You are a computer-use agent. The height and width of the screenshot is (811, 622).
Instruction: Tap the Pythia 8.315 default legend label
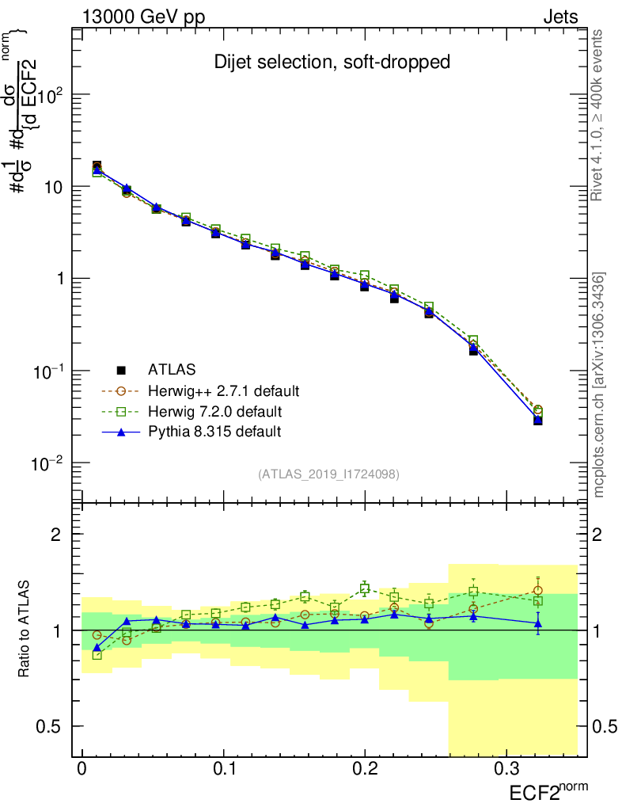click(x=214, y=432)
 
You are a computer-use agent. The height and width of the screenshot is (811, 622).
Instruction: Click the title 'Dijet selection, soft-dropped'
click(x=332, y=63)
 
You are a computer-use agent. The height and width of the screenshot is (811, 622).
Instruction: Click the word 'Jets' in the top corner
click(x=560, y=17)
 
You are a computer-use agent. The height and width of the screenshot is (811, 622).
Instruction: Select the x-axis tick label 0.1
click(x=223, y=769)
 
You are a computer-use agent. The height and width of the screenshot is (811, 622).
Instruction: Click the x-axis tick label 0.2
click(x=365, y=769)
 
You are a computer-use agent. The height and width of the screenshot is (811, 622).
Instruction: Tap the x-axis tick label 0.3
click(x=506, y=769)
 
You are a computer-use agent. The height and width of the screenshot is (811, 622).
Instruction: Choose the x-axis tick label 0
click(x=82, y=769)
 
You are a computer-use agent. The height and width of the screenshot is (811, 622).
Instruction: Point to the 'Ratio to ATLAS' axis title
click(x=25, y=630)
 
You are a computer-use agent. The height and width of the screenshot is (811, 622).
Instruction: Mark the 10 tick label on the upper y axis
click(x=51, y=187)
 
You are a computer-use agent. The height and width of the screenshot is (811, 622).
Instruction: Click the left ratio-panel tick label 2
click(x=56, y=535)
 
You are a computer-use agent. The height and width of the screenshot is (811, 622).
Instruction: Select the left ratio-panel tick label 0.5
click(x=50, y=725)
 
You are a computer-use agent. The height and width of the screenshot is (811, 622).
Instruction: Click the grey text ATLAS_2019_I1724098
click(x=328, y=474)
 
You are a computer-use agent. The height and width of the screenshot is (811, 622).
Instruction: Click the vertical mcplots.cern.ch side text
click(x=599, y=385)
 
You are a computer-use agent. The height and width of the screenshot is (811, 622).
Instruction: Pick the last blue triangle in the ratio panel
click(x=538, y=623)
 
